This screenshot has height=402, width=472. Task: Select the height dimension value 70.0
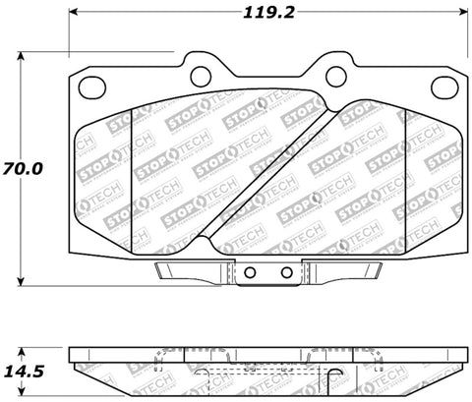[x=22, y=169]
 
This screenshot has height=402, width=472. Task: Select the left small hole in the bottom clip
[x=251, y=273]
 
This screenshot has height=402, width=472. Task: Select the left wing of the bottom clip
[x=193, y=270]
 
